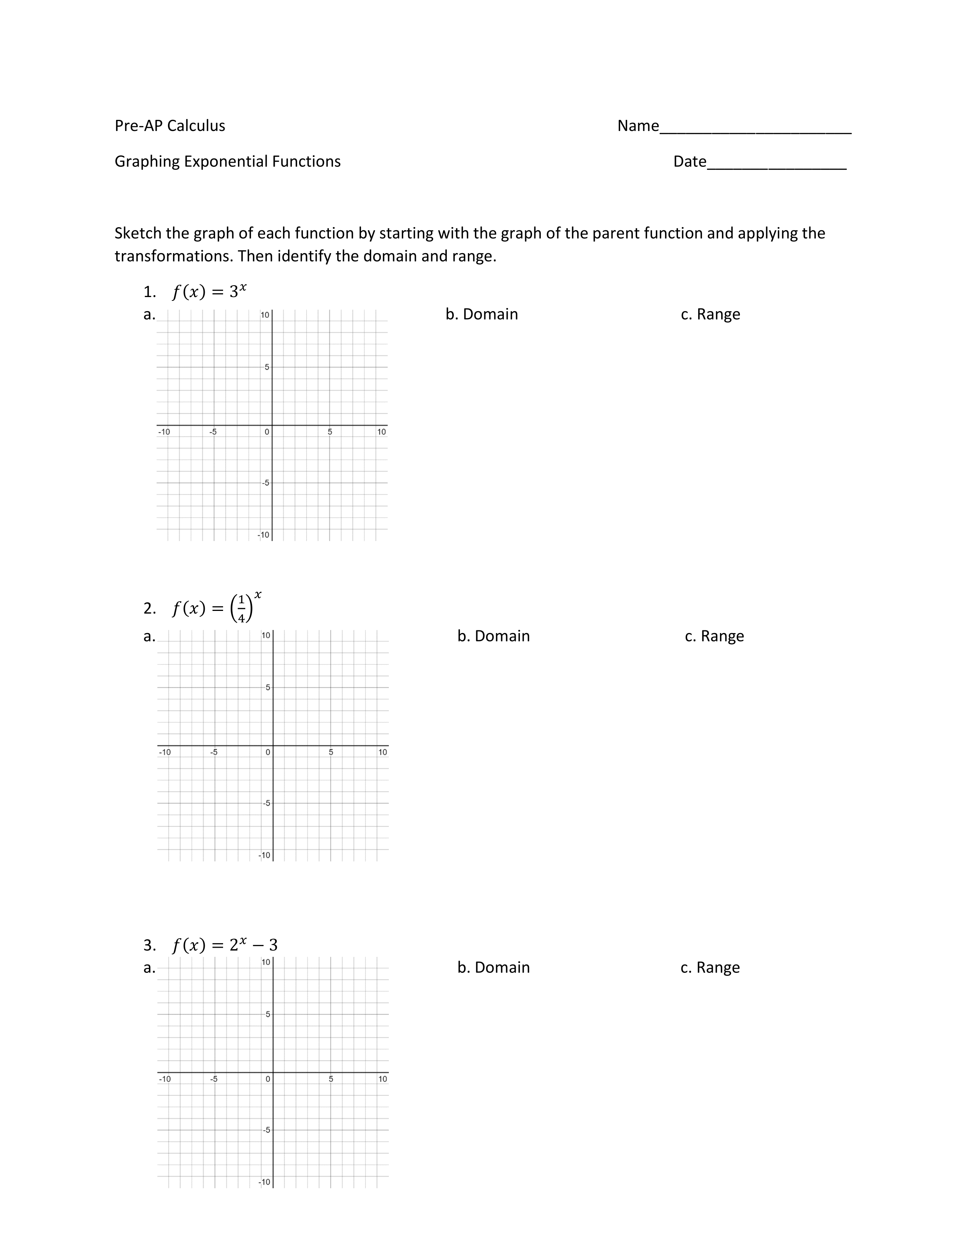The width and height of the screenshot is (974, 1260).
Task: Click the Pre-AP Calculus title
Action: pyautogui.click(x=170, y=126)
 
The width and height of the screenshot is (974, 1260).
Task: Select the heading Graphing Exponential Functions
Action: pyautogui.click(x=227, y=162)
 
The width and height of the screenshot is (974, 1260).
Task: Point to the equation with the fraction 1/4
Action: pyautogui.click(x=216, y=608)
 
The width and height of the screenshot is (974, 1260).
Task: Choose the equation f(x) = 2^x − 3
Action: pyautogui.click(x=225, y=945)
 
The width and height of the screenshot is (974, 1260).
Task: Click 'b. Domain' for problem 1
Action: pyautogui.click(x=482, y=314)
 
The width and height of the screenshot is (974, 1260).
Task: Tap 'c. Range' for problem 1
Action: pyautogui.click(x=710, y=314)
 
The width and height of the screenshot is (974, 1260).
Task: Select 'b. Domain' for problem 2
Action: pyautogui.click(x=493, y=636)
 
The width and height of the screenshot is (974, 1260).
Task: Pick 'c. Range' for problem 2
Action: pyautogui.click(x=714, y=636)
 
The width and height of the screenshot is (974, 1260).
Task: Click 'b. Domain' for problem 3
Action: pyautogui.click(x=493, y=968)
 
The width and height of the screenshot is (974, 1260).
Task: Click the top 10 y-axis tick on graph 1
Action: pyautogui.click(x=265, y=315)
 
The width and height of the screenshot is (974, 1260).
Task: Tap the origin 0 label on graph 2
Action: pyautogui.click(x=268, y=752)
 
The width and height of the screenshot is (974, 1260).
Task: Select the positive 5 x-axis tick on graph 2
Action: pyautogui.click(x=331, y=752)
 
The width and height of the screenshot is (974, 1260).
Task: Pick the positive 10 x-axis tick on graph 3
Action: pyautogui.click(x=383, y=1079)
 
